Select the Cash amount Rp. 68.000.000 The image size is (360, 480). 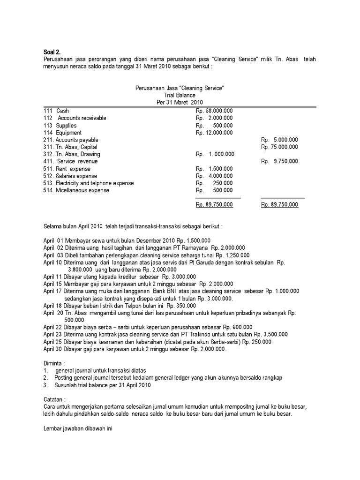pos(214,111)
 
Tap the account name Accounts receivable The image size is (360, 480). pos(82,118)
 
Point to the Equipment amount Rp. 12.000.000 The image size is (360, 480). pos(214,133)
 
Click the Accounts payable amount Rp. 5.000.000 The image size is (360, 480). pos(279,140)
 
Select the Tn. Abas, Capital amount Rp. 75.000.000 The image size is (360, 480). pos(279,147)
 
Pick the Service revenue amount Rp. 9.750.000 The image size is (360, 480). pos(279,161)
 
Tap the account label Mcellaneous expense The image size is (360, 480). pos(82,190)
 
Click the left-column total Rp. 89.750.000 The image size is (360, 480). pos(214,204)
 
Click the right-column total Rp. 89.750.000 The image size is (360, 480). pos(279,204)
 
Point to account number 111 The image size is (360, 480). pos(47,111)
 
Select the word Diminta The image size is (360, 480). pos(54,363)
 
